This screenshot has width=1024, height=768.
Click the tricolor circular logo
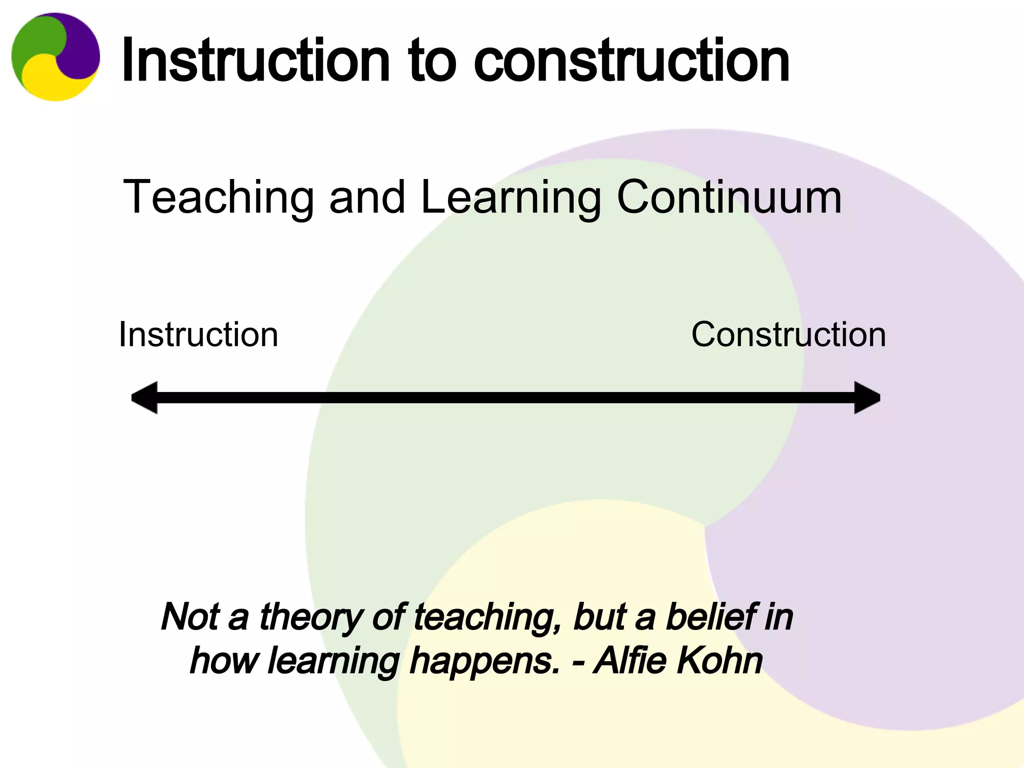(x=55, y=56)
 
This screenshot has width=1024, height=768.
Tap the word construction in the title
(x=631, y=61)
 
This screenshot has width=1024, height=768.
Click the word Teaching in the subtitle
(x=218, y=197)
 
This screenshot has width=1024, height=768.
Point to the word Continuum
(x=729, y=197)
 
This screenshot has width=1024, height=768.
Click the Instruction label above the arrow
(x=198, y=334)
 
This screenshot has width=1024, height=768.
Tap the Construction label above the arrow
(x=788, y=334)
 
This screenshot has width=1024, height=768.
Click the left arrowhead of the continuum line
(x=145, y=397)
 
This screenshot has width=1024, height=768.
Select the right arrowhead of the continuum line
(x=866, y=397)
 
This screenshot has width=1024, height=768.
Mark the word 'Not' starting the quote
(x=190, y=616)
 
